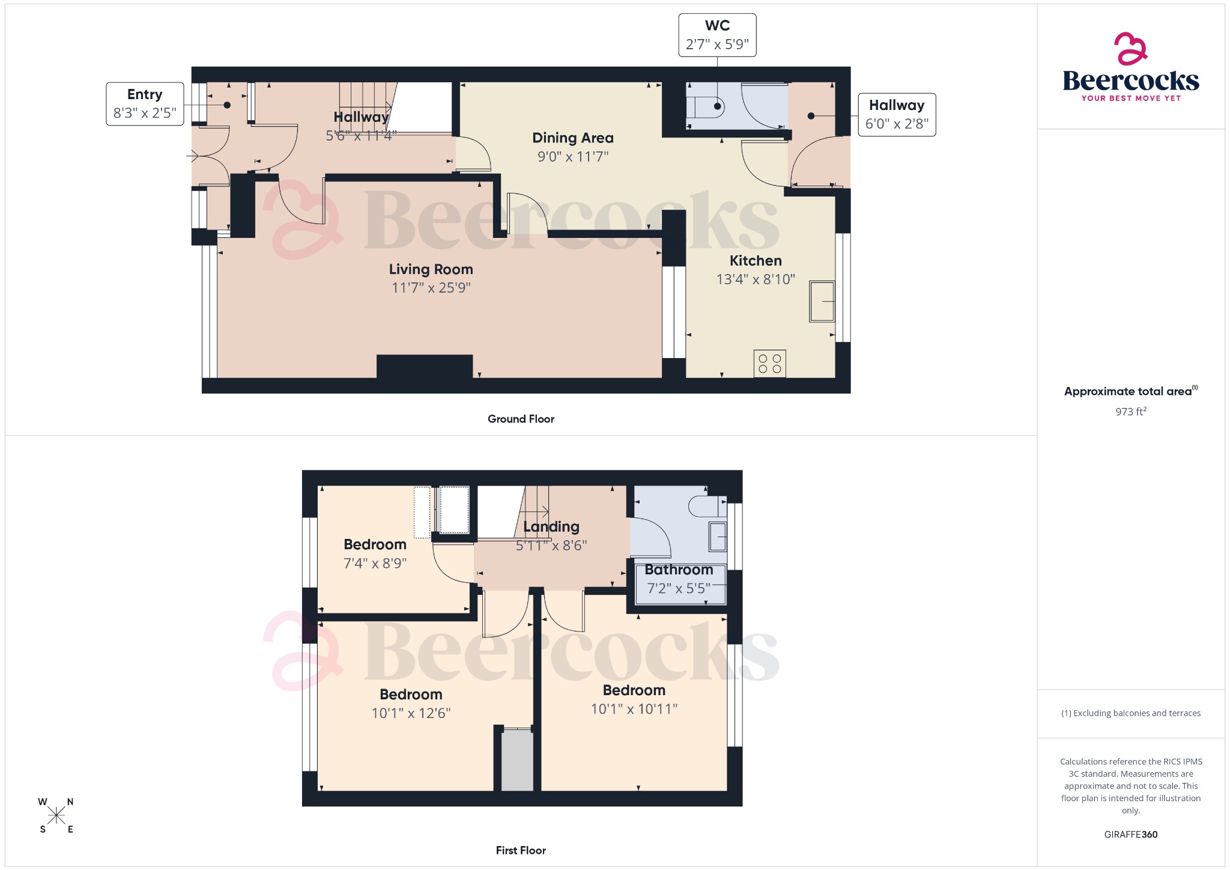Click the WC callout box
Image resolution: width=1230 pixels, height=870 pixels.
coord(717,35)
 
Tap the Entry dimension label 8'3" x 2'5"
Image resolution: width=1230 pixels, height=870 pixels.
coord(145,113)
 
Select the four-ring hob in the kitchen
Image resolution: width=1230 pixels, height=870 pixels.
coord(769,364)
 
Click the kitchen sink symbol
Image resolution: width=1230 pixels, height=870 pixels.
coord(822,302)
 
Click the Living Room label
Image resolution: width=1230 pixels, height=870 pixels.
coord(431,269)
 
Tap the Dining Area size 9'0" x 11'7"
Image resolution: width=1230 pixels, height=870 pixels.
coord(572,157)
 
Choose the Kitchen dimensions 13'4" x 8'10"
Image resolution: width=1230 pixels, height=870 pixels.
coord(755,279)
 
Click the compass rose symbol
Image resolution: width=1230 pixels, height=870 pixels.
coord(56,815)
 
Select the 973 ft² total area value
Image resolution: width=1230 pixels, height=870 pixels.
coord(1130,412)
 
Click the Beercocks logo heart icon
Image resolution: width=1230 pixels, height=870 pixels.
coord(1130,49)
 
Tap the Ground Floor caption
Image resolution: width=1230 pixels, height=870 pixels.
coord(521,419)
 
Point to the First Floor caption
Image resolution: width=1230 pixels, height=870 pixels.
coord(521,850)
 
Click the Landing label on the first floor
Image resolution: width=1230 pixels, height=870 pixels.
coord(551,527)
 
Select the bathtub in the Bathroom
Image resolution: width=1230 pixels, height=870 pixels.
coord(680,584)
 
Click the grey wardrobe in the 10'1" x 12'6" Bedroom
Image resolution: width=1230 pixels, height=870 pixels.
coord(517,760)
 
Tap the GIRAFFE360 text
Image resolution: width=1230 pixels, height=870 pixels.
coord(1130,835)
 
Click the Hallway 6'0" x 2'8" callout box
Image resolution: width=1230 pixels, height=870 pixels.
coord(897,115)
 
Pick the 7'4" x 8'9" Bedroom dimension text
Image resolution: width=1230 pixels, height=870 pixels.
coord(375,564)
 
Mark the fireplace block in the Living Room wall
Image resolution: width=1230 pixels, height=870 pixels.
coord(425,366)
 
